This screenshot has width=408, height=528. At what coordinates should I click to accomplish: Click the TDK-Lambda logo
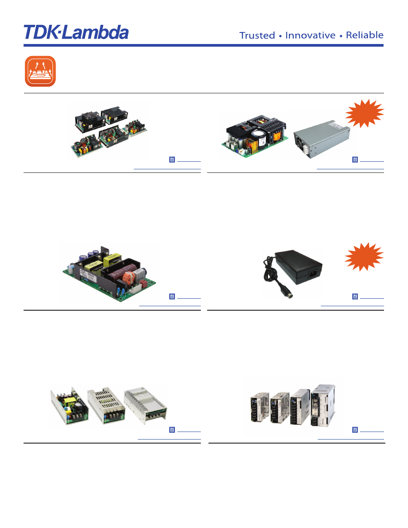[76, 32]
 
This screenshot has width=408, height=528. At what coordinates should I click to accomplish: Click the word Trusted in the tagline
[257, 35]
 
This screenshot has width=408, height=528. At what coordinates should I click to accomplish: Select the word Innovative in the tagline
[310, 35]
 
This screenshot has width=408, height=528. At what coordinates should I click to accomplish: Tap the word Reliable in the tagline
[364, 35]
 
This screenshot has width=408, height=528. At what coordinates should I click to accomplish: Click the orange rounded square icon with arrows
[40, 71]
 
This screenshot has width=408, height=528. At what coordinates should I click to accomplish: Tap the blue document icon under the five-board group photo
[172, 160]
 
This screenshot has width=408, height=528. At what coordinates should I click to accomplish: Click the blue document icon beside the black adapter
[355, 296]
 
